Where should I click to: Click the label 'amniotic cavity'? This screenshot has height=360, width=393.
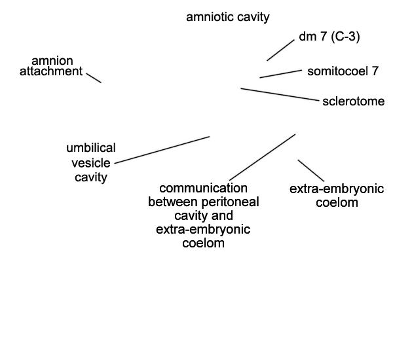tap(228, 17)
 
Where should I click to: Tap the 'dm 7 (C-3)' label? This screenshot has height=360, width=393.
tap(329, 37)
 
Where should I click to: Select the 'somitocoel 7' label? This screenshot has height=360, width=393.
tap(343, 71)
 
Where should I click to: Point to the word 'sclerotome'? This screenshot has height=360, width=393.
tap(354, 101)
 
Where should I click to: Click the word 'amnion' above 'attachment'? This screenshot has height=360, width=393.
tap(52, 61)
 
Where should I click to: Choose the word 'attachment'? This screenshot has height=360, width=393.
tap(51, 71)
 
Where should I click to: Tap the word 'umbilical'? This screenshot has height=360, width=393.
tap(91, 148)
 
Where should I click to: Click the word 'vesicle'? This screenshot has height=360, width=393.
tap(91, 163)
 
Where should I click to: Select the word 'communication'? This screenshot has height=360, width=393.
tap(203, 188)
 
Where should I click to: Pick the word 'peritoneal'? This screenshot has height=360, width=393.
tap(230, 202)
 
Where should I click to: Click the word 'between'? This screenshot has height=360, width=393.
tap(173, 202)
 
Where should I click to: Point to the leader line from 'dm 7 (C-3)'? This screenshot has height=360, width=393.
tap(281, 50)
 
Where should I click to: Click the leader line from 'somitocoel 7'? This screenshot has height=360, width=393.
tap(281, 74)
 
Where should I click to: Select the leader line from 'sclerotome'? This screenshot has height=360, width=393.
tap(280, 94)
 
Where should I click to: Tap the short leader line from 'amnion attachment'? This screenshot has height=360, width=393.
tap(94, 78)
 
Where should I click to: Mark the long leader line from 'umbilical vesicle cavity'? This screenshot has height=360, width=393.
tap(162, 150)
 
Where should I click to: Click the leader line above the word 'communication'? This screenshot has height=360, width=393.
tap(263, 157)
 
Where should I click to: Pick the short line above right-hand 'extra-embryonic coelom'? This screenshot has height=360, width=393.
tap(310, 171)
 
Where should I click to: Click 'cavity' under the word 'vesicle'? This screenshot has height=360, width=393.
tap(91, 177)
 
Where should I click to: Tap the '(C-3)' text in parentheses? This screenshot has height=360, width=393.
tap(345, 37)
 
